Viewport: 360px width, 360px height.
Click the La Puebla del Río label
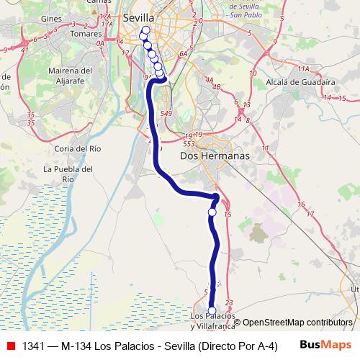[68, 174]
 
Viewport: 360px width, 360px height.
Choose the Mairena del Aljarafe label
[70, 76]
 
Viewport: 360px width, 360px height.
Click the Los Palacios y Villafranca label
[212, 320]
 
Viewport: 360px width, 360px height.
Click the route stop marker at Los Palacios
[212, 311]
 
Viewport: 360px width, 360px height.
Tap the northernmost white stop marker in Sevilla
[146, 30]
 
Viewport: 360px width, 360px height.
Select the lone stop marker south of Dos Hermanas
[212, 212]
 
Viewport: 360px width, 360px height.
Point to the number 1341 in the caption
[35, 346]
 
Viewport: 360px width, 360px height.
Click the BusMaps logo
[325, 345]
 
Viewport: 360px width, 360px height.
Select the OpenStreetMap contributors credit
[297, 323]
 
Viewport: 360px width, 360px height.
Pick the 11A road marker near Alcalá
[303, 69]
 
